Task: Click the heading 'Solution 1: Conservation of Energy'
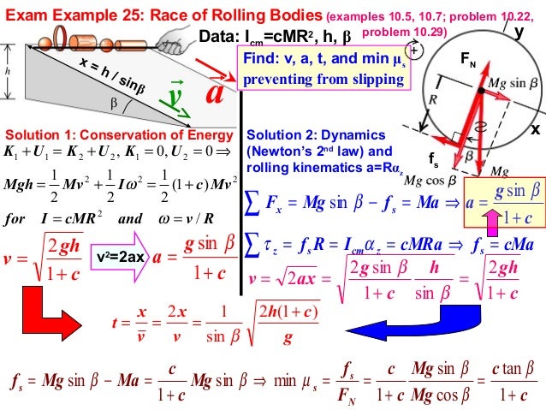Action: coord(118,135)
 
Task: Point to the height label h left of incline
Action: coord(8,71)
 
